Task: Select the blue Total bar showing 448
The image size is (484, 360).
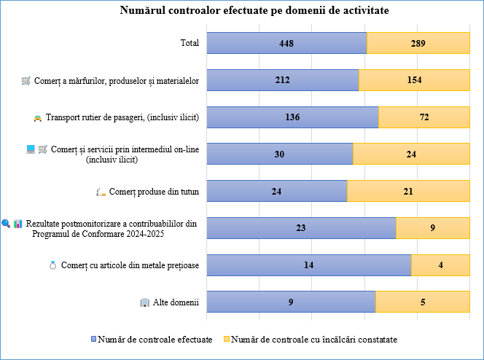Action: (x=286, y=43)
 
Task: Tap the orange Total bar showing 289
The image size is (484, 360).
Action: (x=418, y=43)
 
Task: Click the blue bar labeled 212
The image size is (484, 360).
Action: (x=283, y=80)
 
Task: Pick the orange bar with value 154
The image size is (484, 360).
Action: (x=414, y=80)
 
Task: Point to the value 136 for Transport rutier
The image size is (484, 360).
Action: (x=292, y=117)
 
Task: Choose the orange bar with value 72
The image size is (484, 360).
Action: (x=423, y=117)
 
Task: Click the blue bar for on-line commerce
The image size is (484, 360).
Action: (x=280, y=154)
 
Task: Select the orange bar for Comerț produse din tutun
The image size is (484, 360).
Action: (x=408, y=191)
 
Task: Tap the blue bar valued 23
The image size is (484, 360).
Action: (x=301, y=227)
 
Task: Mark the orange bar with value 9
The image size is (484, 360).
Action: (x=432, y=227)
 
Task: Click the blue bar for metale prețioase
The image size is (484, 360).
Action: (x=309, y=265)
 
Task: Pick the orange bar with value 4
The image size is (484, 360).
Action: (x=440, y=265)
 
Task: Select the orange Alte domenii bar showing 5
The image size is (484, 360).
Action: (x=422, y=302)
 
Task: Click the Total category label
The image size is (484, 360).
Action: (x=190, y=43)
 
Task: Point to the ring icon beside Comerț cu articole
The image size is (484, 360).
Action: (x=52, y=265)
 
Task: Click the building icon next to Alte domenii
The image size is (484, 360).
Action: (x=145, y=302)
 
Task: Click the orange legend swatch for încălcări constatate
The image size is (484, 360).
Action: (x=226, y=340)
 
